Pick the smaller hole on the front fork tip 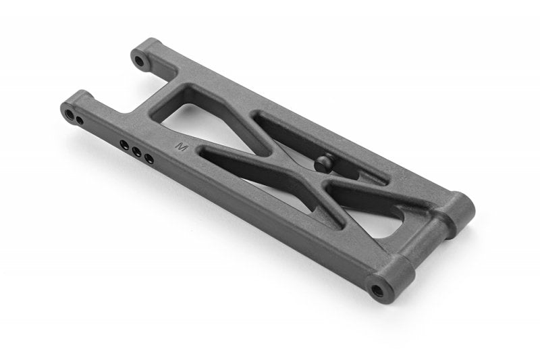[x=80, y=121]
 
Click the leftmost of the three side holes [x=124, y=144]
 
